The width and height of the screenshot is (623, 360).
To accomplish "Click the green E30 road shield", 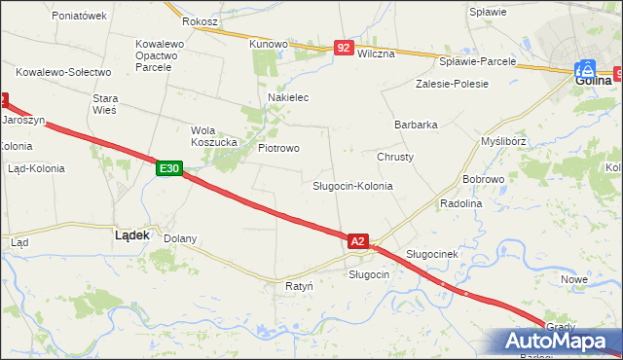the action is click(168, 168).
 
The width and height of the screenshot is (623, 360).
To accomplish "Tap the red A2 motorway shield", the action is click(357, 240).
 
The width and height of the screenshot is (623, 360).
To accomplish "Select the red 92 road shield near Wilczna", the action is click(343, 47).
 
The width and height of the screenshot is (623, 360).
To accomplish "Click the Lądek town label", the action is click(131, 234).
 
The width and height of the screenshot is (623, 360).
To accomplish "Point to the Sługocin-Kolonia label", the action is click(352, 185).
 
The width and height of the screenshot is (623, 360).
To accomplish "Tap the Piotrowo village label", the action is click(278, 148).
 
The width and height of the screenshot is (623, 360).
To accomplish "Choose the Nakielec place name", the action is click(288, 98).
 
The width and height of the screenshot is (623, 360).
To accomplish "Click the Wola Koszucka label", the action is click(214, 136).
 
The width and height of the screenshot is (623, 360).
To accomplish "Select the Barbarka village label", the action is click(416, 125).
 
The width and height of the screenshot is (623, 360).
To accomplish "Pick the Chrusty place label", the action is click(395, 157).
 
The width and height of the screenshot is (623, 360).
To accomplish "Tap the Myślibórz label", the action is click(504, 141).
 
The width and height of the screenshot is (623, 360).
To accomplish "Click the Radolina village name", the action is click(461, 203).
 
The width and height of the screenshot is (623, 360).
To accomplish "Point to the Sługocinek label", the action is click(432, 254).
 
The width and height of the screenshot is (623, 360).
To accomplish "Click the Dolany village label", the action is click(180, 238).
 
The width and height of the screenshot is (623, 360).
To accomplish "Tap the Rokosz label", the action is click(201, 21).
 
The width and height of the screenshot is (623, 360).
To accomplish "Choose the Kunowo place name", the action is click(268, 44).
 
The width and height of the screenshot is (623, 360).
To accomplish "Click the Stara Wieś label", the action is click(104, 104).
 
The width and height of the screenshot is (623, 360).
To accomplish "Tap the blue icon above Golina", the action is click(585, 69).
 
